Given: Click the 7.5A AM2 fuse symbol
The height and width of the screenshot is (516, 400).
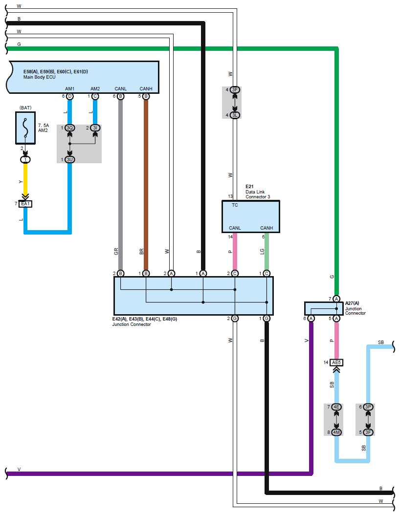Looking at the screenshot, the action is (x=25, y=128).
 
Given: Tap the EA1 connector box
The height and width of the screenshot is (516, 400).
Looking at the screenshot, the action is (x=25, y=204).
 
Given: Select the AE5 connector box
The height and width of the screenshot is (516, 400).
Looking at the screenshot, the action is (x=336, y=362).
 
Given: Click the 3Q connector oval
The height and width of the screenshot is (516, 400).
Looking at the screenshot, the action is (x=69, y=128).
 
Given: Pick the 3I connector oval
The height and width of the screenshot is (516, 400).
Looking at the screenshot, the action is (x=95, y=128).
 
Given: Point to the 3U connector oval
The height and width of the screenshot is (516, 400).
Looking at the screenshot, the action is (x=69, y=160).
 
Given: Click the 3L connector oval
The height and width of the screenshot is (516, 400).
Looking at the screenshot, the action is (x=234, y=115).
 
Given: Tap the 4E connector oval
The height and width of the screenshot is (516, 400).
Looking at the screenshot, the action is (x=336, y=407).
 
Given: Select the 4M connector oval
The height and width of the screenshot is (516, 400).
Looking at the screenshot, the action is (x=336, y=432).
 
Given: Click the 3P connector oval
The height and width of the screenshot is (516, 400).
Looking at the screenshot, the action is (x=368, y=407).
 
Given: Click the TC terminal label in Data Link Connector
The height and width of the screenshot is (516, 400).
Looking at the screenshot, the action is (x=235, y=205).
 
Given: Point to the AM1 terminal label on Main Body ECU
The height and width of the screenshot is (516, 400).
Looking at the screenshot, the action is (x=69, y=89).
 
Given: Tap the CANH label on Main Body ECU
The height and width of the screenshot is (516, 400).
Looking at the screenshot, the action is (x=146, y=89).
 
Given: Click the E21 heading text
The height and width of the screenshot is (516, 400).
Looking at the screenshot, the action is (x=249, y=187).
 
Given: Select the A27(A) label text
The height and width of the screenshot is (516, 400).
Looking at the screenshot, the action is (x=352, y=303).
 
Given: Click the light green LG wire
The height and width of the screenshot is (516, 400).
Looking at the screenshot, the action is (x=267, y=252).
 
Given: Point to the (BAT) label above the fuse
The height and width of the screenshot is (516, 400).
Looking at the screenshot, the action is (x=25, y=107).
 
